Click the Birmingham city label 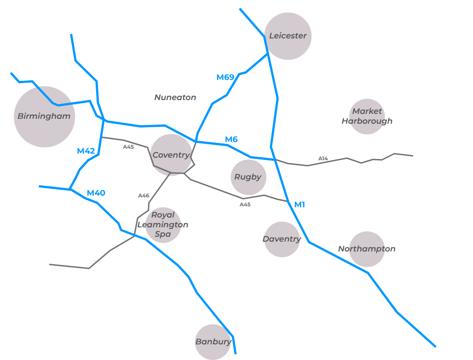[44, 117]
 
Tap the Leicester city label [288, 36]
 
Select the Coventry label [171, 155]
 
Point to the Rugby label [248, 177]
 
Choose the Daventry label [282, 239]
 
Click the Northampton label [367, 249]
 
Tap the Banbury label [213, 342]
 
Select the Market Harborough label [367, 116]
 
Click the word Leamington [163, 225]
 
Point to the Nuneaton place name [175, 97]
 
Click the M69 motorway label [225, 77]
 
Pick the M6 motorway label [231, 139]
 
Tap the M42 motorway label [86, 151]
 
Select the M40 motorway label [96, 193]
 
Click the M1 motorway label [300, 205]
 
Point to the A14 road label [323, 159]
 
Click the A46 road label [144, 196]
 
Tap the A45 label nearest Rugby [245, 205]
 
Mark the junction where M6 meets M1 [275, 159]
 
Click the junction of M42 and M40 [70, 189]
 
